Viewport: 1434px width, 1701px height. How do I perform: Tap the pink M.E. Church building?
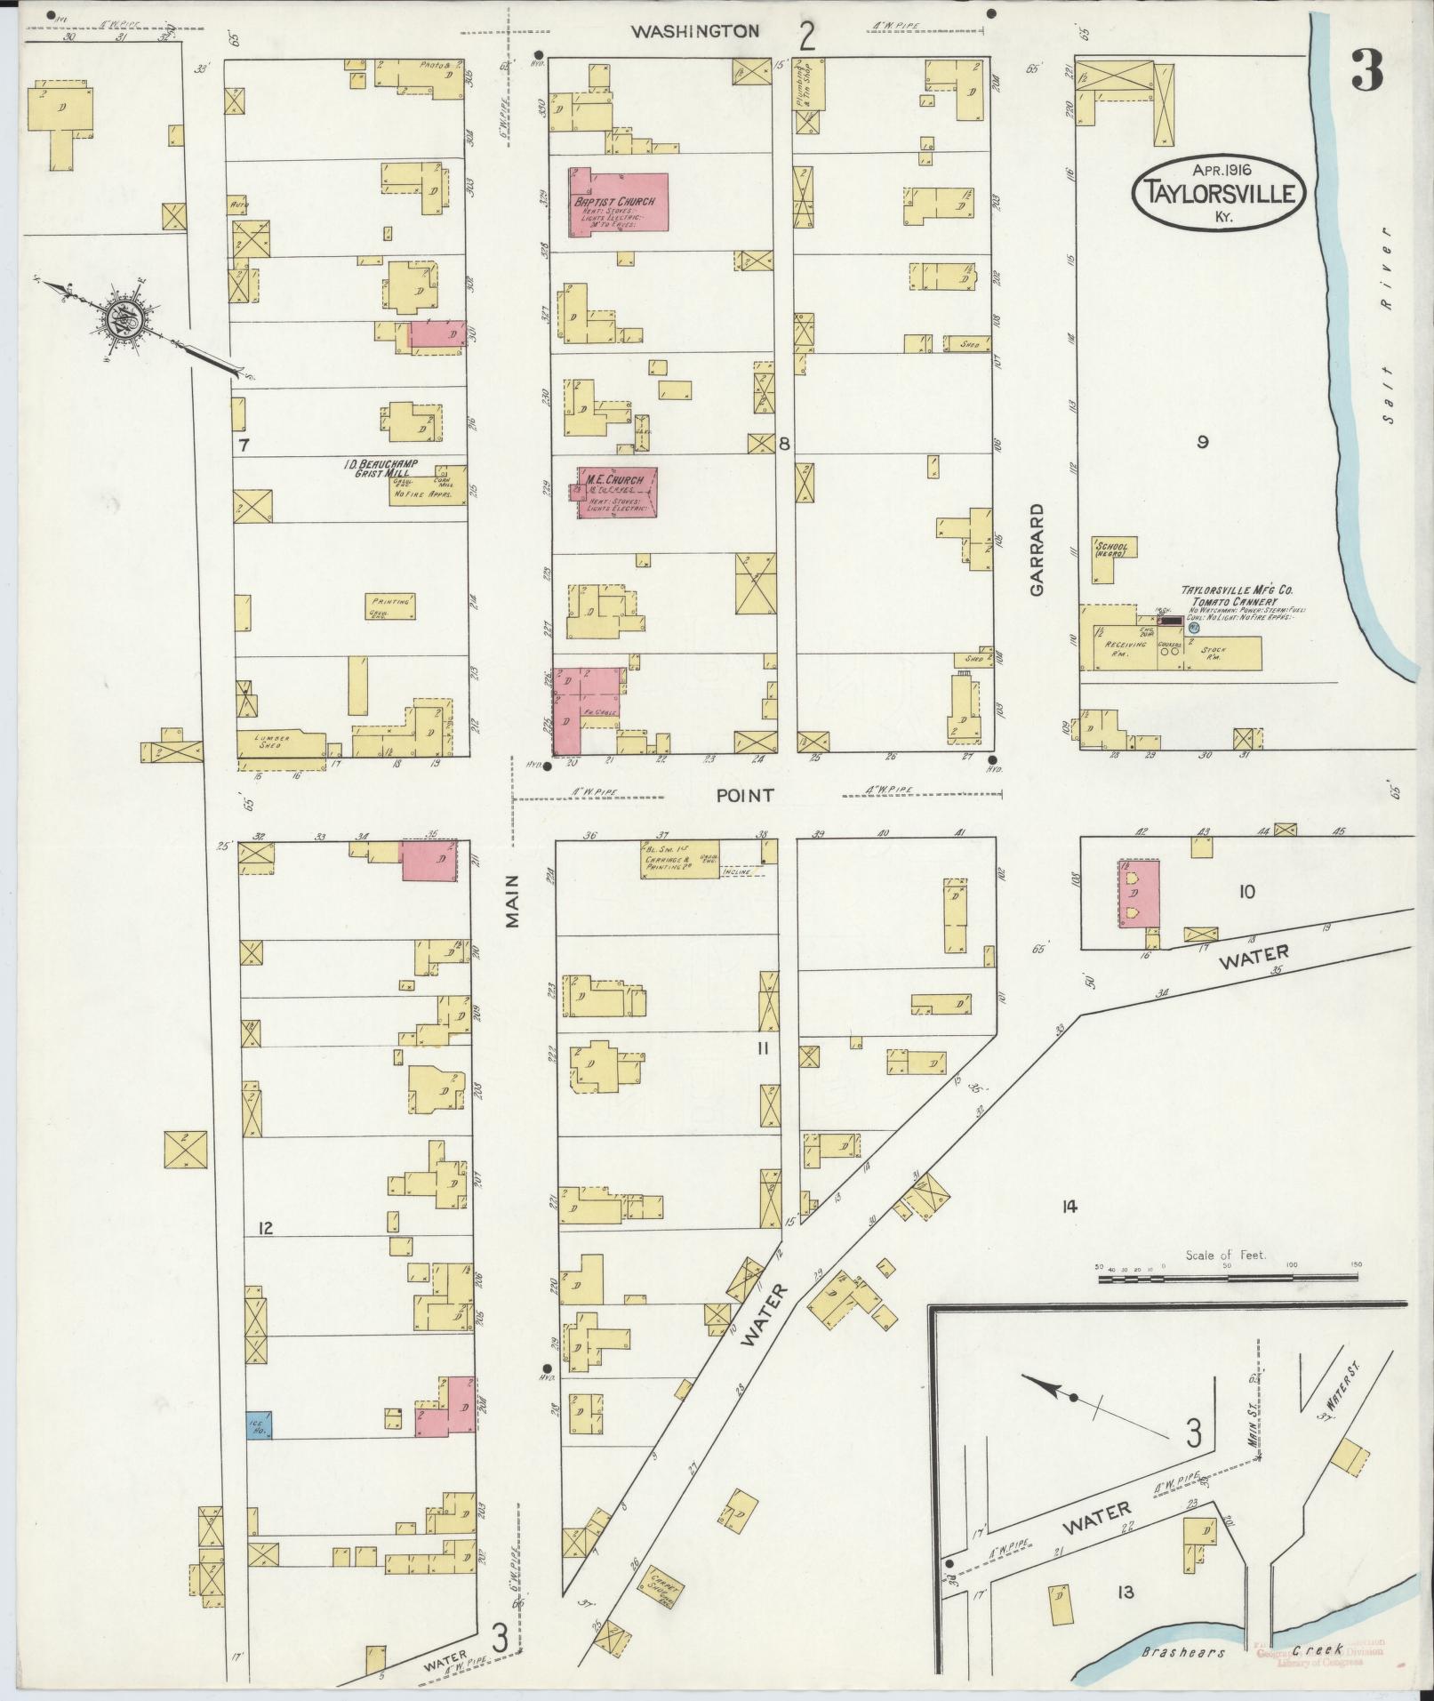pyautogui.click(x=617, y=492)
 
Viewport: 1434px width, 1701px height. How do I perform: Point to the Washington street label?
pyautogui.click(x=695, y=31)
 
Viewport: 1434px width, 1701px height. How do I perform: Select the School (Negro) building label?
pyautogui.click(x=1111, y=550)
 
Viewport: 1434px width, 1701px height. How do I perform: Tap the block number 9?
pyautogui.click(x=1202, y=442)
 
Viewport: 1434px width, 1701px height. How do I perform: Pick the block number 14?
pyautogui.click(x=1069, y=1206)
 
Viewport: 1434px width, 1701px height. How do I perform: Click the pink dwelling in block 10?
pyautogui.click(x=1138, y=893)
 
